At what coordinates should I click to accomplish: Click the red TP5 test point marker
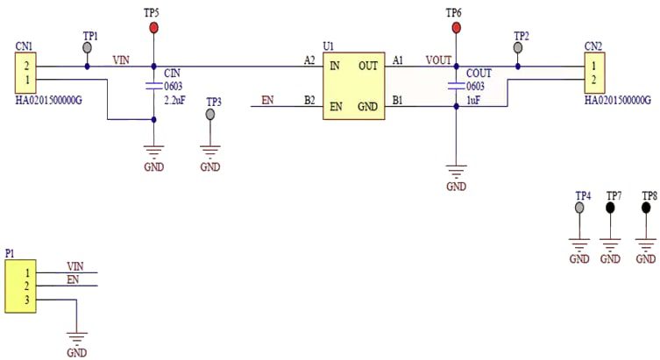[154, 28]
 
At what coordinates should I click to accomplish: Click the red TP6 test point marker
[455, 28]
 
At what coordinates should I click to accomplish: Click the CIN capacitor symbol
[154, 86]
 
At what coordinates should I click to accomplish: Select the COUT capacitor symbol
[455, 86]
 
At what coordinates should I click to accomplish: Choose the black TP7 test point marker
[611, 208]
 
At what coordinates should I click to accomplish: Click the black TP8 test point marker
[646, 208]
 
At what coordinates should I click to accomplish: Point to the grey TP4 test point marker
[579, 208]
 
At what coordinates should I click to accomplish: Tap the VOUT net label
[437, 60]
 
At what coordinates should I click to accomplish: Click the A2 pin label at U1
[309, 60]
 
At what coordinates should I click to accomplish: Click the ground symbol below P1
[77, 336]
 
